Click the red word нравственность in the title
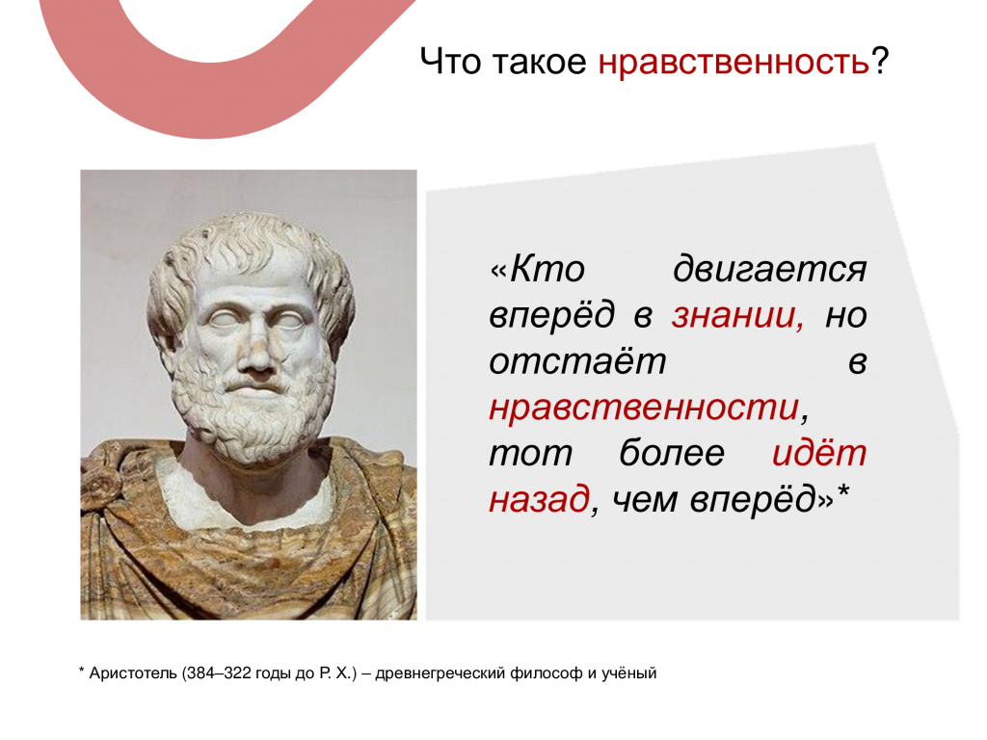pyautogui.click(x=734, y=63)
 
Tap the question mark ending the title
pyautogui.click(x=879, y=61)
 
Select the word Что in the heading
pyautogui.click(x=449, y=61)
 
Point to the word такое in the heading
pyautogui.click(x=539, y=63)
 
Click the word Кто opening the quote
pyautogui.click(x=547, y=270)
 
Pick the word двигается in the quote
pyautogui.click(x=770, y=271)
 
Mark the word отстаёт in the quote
pyautogui.click(x=577, y=362)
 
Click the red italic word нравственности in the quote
pyautogui.click(x=644, y=408)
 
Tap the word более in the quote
pyautogui.click(x=672, y=453)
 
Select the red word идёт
pyautogui.click(x=819, y=453)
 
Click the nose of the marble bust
pyautogui.click(x=256, y=353)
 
